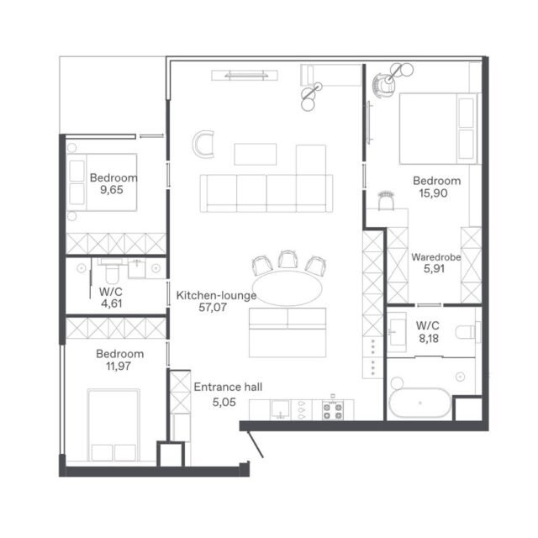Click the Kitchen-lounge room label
pos(216,295)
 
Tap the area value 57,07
pos(213,308)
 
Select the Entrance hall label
pos(228,387)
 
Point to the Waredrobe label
pos(436,257)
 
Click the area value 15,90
pos(434,193)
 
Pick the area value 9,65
pos(112,190)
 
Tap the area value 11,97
pos(119,367)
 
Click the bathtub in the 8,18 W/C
pos(420,403)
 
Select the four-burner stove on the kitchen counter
pos(333,410)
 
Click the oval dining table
pos(287,287)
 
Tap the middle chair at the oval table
pos(287,260)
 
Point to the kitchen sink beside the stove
pos(281,409)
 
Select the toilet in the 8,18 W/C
pos(467,332)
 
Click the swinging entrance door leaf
pos(256,445)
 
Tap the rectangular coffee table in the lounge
pos(256,155)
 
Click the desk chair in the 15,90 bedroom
pos(387,201)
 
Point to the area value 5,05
pos(224,402)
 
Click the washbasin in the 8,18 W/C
pos(397,332)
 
